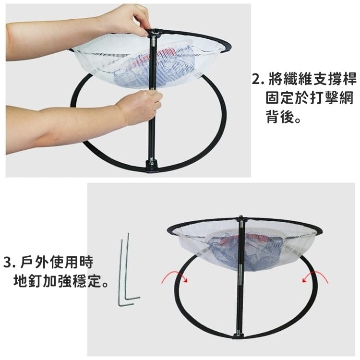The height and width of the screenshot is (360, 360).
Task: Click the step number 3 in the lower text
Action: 7,263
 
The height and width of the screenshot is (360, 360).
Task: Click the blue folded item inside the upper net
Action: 144,72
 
